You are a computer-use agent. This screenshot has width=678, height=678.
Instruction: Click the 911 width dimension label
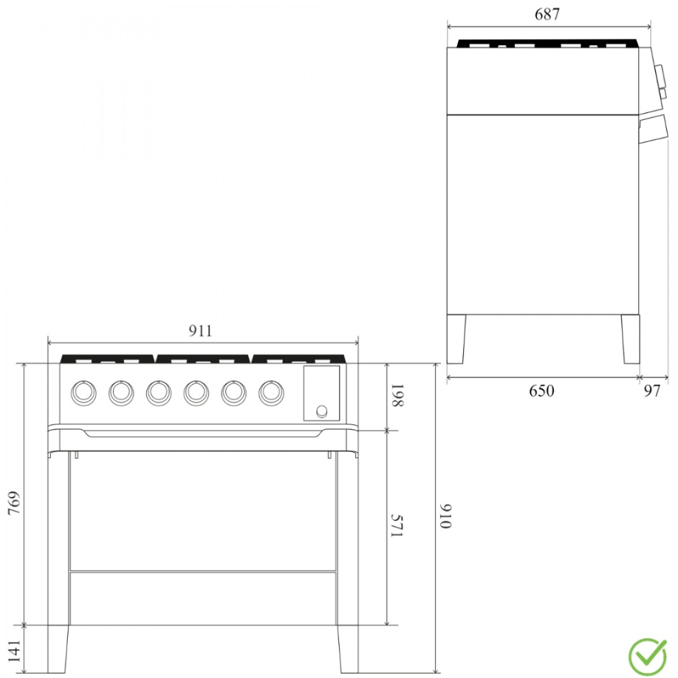201,331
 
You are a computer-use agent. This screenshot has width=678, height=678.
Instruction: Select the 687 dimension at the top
547,15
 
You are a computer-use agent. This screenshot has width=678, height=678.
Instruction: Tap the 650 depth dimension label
541,391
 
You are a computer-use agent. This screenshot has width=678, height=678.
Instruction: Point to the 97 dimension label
653,391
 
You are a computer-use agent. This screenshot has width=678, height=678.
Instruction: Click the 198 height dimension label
398,396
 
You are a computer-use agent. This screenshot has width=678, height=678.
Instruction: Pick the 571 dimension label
397,526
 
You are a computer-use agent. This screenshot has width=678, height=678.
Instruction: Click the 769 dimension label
15,503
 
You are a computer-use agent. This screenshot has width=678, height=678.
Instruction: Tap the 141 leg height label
15,651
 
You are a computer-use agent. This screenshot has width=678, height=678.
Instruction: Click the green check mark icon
647,657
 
